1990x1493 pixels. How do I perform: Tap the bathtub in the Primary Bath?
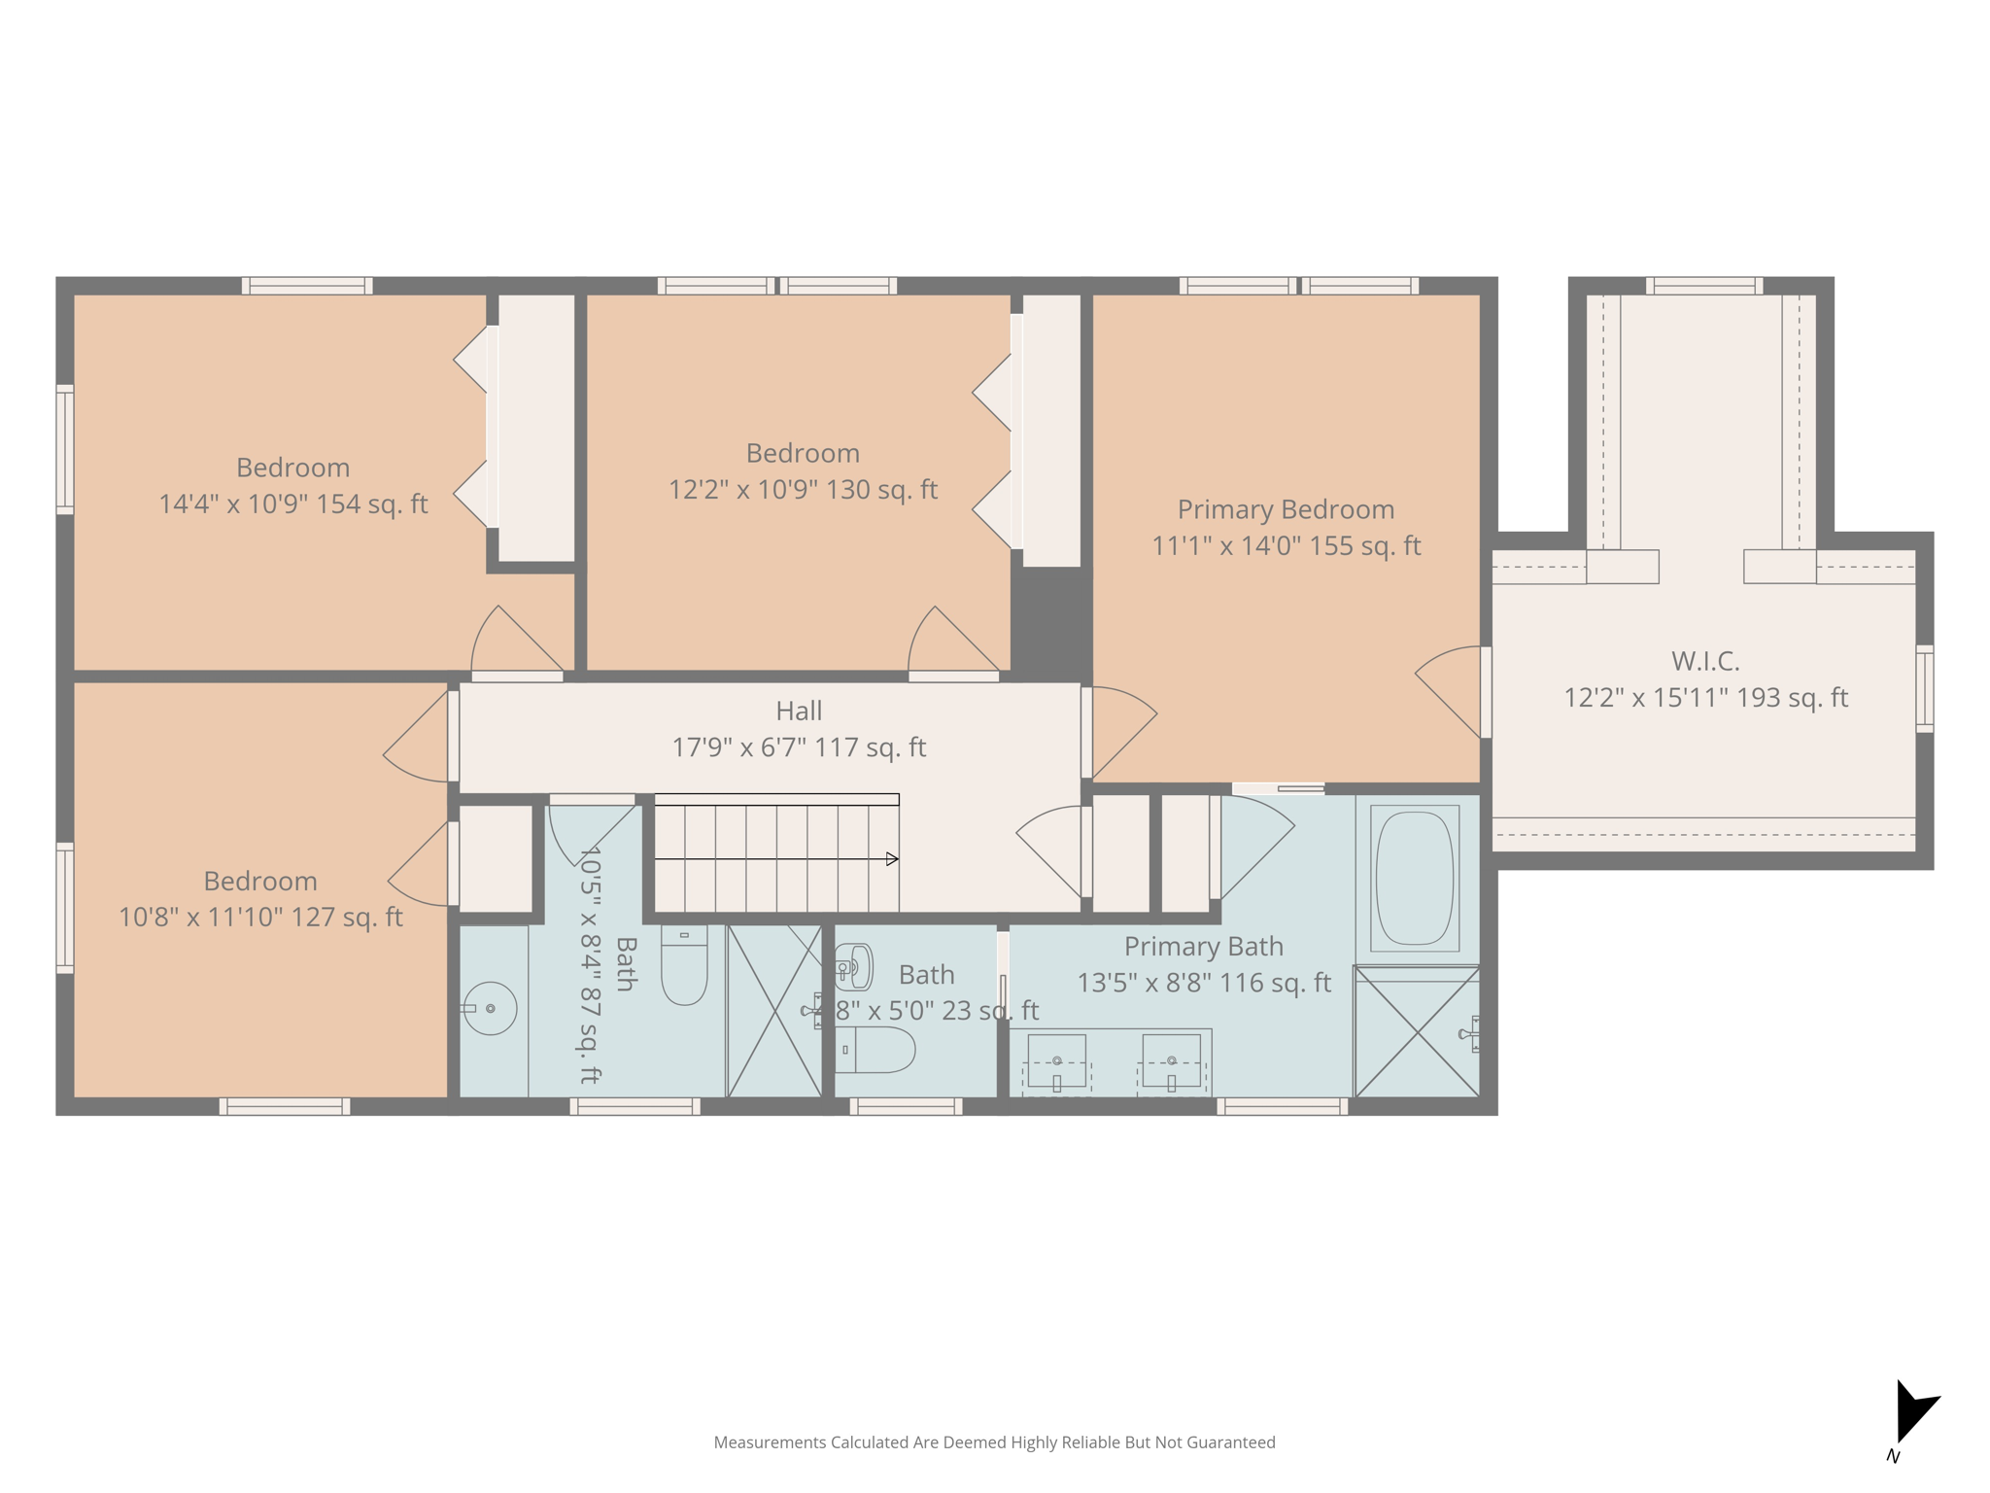click(x=1415, y=879)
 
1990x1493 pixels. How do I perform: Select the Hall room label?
click(x=799, y=711)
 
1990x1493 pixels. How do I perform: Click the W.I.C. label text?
click(x=1705, y=661)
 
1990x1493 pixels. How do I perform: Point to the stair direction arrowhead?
click(x=892, y=859)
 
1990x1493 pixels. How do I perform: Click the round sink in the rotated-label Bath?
click(x=491, y=1008)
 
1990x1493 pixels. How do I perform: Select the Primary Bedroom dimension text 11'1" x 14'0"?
click(x=1286, y=546)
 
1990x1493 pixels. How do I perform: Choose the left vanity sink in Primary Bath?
click(x=1056, y=1061)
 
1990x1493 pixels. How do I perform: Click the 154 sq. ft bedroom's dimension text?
click(x=292, y=504)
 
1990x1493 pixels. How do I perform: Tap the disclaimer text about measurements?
click(x=994, y=1442)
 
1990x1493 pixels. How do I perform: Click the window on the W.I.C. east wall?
click(x=1924, y=688)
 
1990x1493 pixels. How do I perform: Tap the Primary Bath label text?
click(x=1203, y=946)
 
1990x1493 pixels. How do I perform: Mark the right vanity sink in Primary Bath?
click(x=1171, y=1061)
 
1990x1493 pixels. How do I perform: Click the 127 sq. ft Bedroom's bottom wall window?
click(x=285, y=1106)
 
